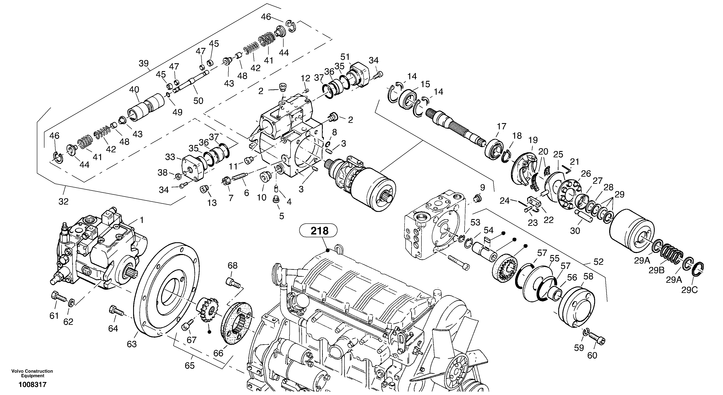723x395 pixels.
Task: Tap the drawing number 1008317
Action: (x=33, y=385)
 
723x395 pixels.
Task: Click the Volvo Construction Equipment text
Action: (x=32, y=373)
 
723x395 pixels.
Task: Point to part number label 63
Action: (x=132, y=344)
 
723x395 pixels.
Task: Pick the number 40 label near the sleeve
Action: (x=134, y=90)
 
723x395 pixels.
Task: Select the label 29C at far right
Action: (x=690, y=290)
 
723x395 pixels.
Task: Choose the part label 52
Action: (x=598, y=262)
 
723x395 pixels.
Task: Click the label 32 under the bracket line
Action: (x=64, y=202)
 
